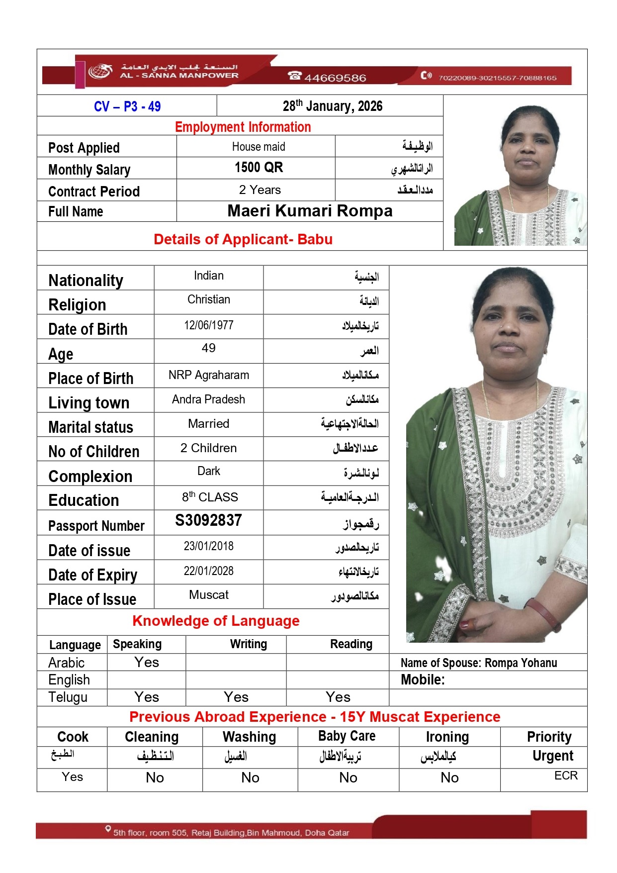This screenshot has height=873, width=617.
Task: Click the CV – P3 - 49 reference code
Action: click(x=127, y=106)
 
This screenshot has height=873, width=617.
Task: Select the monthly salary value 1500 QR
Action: click(x=259, y=168)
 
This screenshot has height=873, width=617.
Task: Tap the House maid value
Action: click(x=259, y=147)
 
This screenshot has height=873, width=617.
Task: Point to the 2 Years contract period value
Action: click(x=260, y=190)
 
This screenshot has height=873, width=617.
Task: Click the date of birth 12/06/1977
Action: click(x=208, y=325)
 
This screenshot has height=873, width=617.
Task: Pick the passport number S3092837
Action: click(x=208, y=520)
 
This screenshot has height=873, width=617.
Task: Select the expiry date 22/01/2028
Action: click(x=208, y=571)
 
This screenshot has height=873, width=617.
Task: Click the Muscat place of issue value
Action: click(x=209, y=595)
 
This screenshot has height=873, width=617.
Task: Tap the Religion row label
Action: click(x=77, y=305)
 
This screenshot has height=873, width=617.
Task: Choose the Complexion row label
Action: click(x=90, y=477)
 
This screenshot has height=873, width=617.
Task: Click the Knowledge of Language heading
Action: click(x=216, y=621)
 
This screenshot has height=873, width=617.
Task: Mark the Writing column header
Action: click(x=248, y=644)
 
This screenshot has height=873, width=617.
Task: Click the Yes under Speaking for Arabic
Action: click(x=147, y=663)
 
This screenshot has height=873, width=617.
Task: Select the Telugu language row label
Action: click(x=68, y=697)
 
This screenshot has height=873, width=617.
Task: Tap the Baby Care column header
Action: click(x=347, y=736)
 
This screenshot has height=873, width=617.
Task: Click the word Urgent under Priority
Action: click(x=552, y=756)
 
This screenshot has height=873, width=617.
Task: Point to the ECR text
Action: click(x=566, y=776)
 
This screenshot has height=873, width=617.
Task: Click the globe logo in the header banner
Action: click(x=100, y=71)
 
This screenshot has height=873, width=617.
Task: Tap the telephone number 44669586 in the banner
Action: click(x=335, y=78)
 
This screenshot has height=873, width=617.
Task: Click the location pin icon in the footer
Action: click(x=108, y=829)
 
